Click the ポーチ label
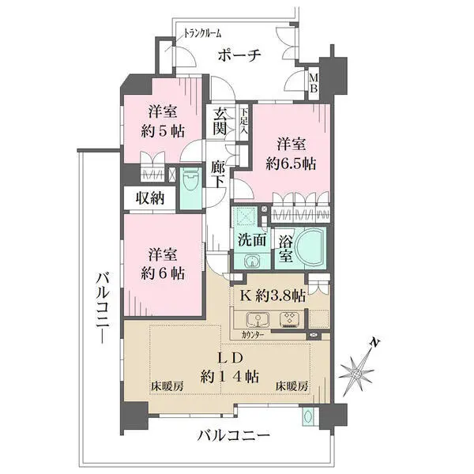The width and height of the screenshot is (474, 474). click(x=239, y=55)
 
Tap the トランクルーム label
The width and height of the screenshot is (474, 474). click(x=202, y=33)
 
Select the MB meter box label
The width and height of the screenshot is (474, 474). click(x=314, y=83)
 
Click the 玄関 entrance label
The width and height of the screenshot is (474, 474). click(x=220, y=122)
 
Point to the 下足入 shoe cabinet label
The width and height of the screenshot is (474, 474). click(x=244, y=122)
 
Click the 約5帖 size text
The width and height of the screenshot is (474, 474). click(x=163, y=132)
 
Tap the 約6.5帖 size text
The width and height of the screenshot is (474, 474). click(x=291, y=164)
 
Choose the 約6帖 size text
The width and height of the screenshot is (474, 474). click(x=163, y=274)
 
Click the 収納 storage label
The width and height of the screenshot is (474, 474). click(x=150, y=198)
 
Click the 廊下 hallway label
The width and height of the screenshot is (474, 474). click(x=217, y=175)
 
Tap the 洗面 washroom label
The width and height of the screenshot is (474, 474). click(x=252, y=239)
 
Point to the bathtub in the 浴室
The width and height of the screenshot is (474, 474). click(x=310, y=247)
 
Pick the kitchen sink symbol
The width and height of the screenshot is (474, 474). click(x=258, y=320)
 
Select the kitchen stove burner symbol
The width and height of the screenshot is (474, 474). click(x=290, y=320)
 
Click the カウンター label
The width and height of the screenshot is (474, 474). click(x=253, y=335)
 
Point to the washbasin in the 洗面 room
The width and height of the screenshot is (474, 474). click(x=251, y=261)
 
